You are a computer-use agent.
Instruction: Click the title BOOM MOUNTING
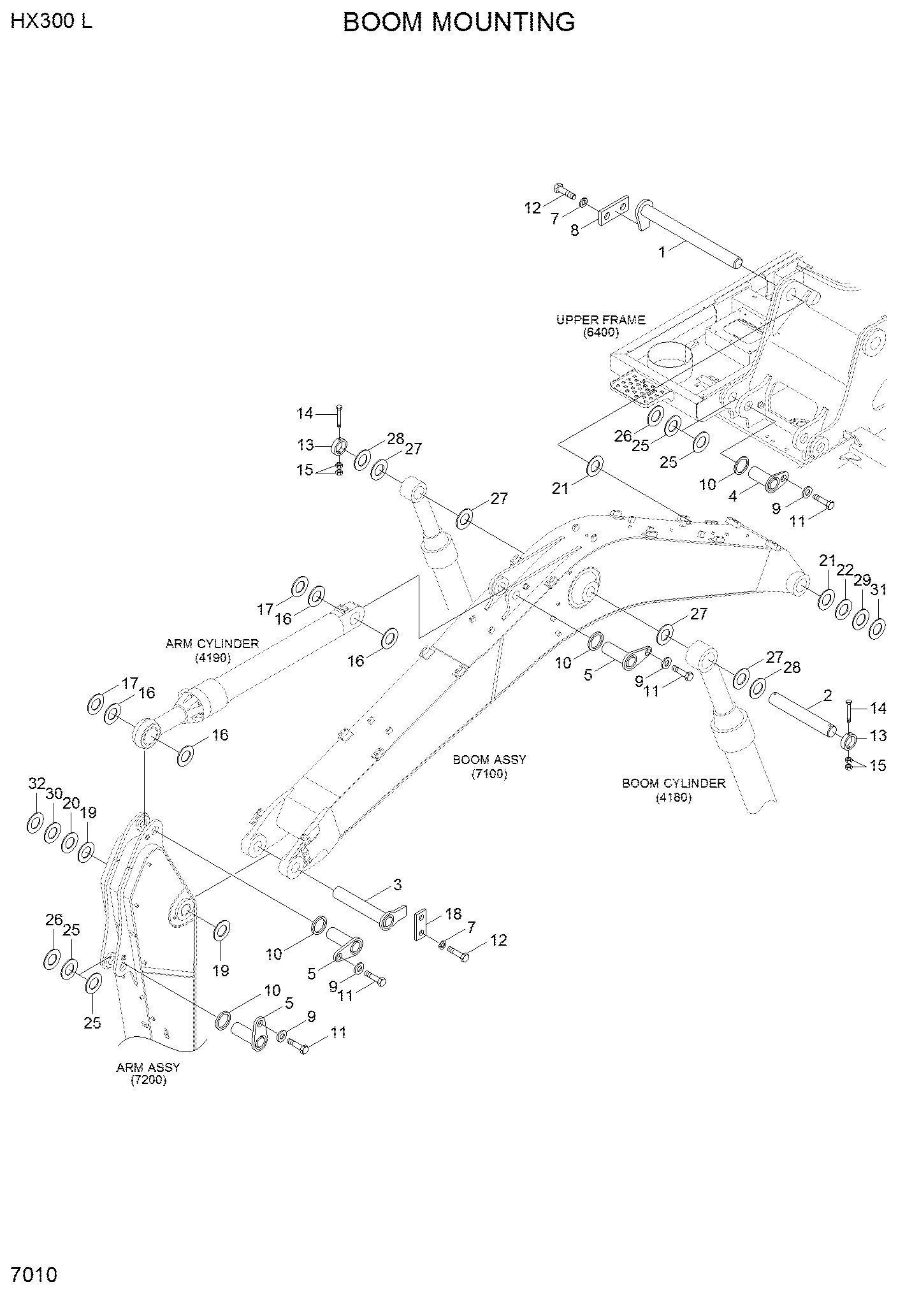tap(459, 22)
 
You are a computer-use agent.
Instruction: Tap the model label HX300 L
tap(52, 21)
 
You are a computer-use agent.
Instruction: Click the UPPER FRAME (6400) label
tap(600, 326)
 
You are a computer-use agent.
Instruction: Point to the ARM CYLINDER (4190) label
tap(212, 650)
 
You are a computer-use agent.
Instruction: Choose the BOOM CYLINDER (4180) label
tap(674, 790)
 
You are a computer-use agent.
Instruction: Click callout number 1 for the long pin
tap(662, 252)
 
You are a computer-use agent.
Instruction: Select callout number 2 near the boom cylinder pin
tap(827, 695)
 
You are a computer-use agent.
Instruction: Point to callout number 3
tap(397, 885)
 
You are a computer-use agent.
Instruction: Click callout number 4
tap(733, 496)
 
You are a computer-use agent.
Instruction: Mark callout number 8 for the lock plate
tap(575, 231)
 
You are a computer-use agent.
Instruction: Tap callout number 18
tap(453, 914)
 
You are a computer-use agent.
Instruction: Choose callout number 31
tap(878, 590)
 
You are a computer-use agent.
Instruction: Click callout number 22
tap(845, 569)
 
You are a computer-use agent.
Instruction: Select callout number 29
tap(862, 580)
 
